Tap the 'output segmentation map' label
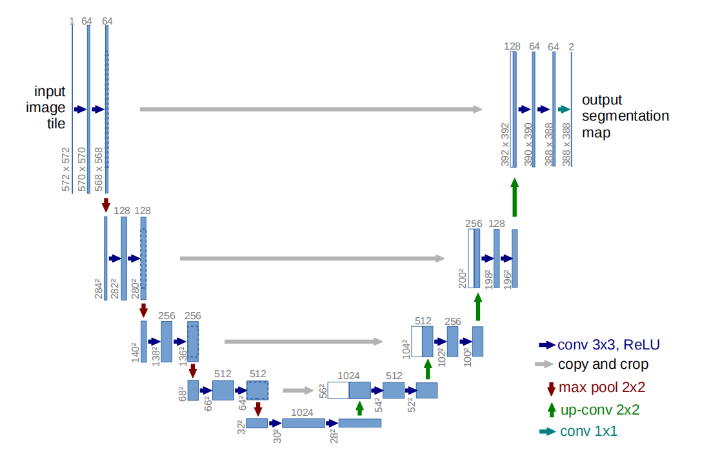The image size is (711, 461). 625,117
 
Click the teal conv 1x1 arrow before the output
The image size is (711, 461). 565,110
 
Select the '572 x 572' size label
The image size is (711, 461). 66,170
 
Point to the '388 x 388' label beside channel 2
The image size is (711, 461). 566,146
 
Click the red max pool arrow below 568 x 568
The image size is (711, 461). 106,205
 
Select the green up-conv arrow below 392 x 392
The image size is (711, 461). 514,197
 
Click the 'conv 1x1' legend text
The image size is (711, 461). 588,431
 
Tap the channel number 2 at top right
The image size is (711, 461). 571,46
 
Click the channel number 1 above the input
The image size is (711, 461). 72,21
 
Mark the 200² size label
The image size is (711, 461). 461,277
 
